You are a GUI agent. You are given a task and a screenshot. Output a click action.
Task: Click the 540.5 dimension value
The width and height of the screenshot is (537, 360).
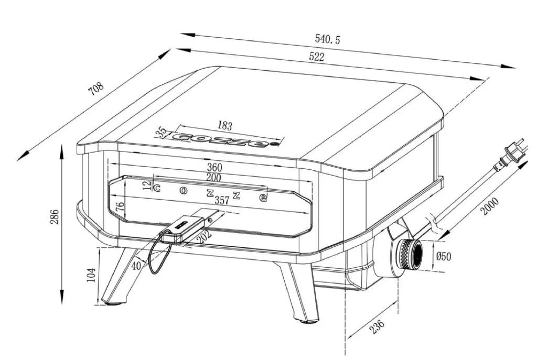pyautogui.click(x=327, y=39)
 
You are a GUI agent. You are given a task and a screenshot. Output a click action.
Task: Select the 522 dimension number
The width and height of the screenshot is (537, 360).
pyautogui.click(x=316, y=57)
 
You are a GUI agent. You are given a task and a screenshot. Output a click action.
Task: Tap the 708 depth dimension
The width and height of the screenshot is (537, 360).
pyautogui.click(x=96, y=89)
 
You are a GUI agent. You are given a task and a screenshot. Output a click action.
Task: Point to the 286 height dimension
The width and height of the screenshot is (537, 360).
pyautogui.click(x=55, y=216)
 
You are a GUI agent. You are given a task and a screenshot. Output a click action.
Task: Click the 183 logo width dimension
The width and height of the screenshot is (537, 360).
pyautogui.click(x=224, y=126)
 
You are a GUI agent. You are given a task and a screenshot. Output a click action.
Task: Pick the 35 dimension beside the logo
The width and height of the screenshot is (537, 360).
pyautogui.click(x=161, y=132)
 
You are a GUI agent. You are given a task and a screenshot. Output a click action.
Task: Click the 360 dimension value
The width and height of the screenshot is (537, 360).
pyautogui.click(x=214, y=168)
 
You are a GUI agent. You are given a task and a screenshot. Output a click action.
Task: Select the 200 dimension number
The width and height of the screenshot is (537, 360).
pyautogui.click(x=213, y=178)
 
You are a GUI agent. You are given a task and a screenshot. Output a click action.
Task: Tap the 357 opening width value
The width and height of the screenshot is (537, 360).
pyautogui.click(x=222, y=200)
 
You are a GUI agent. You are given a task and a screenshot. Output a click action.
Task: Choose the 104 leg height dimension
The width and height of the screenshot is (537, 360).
pyautogui.click(x=91, y=275)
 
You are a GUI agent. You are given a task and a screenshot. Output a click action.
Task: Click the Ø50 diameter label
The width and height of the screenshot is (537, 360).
pyautogui.click(x=444, y=256)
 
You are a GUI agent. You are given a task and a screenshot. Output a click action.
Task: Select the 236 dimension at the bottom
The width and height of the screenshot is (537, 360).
pyautogui.click(x=377, y=326)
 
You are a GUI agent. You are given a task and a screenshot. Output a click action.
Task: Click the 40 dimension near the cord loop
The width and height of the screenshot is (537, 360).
pyautogui.click(x=136, y=266)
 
